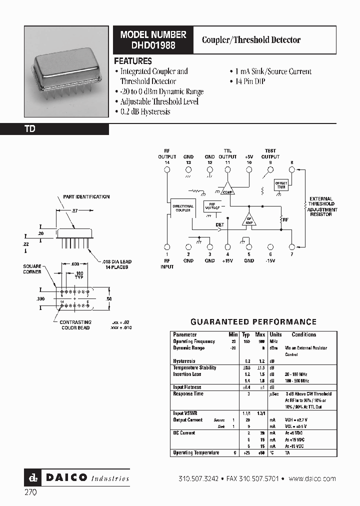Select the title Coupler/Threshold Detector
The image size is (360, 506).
tap(251, 39)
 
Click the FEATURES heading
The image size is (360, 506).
tap(133, 61)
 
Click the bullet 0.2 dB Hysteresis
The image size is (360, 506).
tap(145, 111)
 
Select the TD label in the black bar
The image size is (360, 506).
tap(30, 129)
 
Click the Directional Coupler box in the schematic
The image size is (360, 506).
tap(182, 207)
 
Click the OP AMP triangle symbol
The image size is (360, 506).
tap(248, 219)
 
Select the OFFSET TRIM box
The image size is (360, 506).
tap(281, 185)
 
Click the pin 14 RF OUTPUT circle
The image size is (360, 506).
tap(167, 169)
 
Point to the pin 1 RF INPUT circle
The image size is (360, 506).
tap(167, 246)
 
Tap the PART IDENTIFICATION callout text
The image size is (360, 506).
tap(86, 197)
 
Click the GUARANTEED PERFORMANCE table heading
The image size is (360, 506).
tap(253, 322)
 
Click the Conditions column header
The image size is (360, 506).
tap(304, 334)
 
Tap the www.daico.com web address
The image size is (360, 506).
tap(312, 478)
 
